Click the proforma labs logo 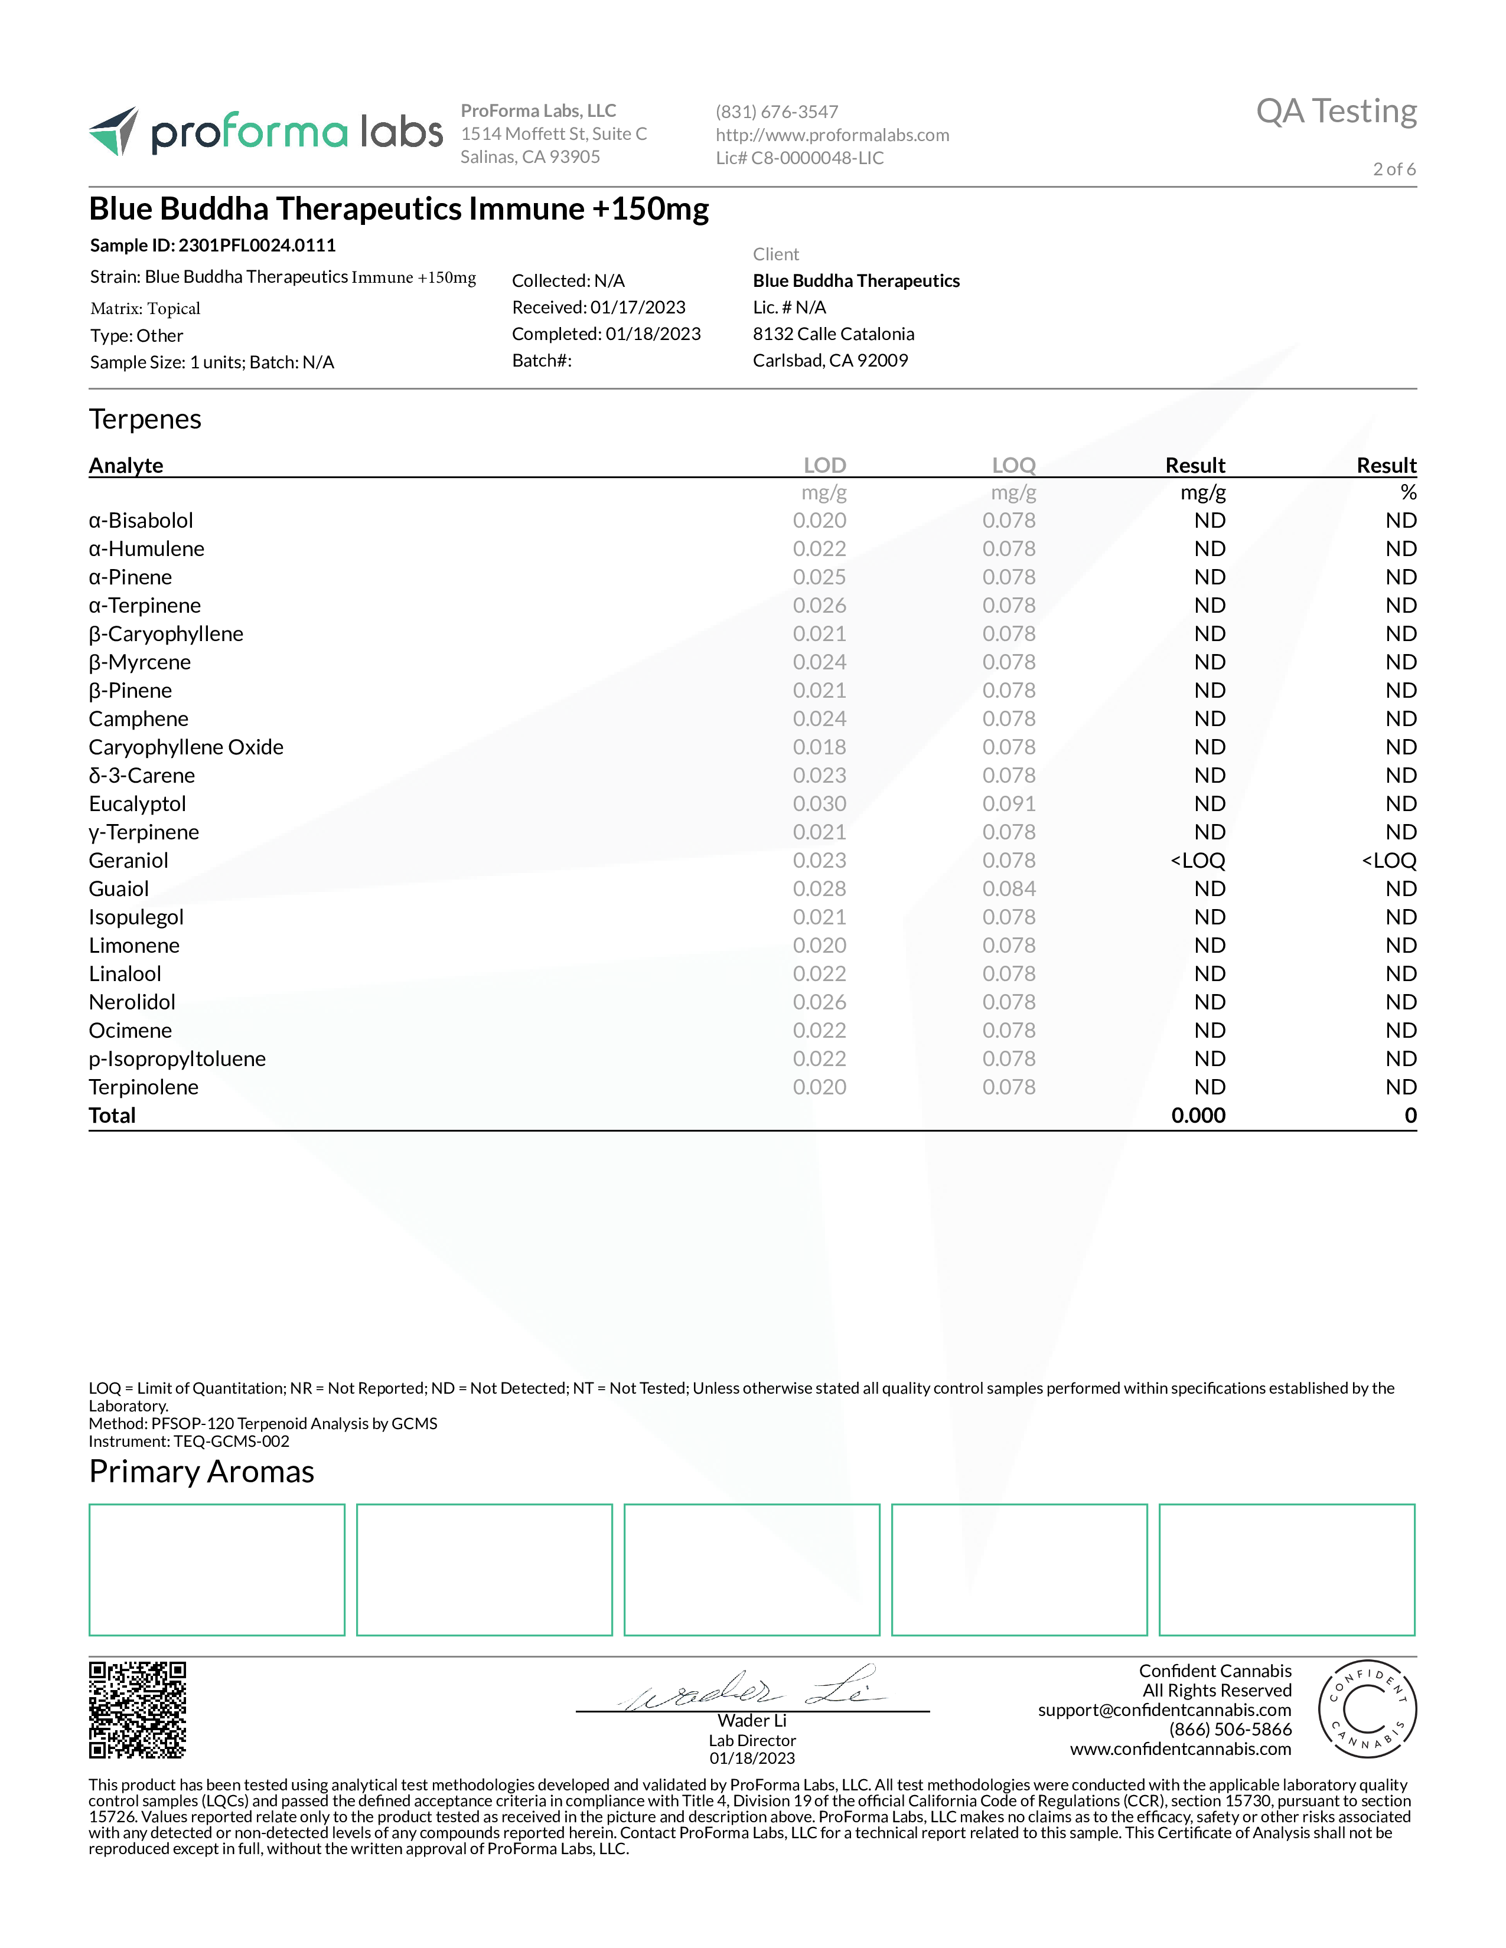point(265,132)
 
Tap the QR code point(138,1710)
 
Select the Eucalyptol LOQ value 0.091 point(1009,803)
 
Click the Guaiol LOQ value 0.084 point(1009,888)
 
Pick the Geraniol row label point(129,861)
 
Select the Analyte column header point(126,465)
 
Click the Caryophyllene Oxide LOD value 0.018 point(819,747)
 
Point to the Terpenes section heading point(145,419)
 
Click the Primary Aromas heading point(201,1471)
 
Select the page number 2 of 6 point(1394,169)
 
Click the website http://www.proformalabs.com point(832,135)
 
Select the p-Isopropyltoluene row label point(177,1059)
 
